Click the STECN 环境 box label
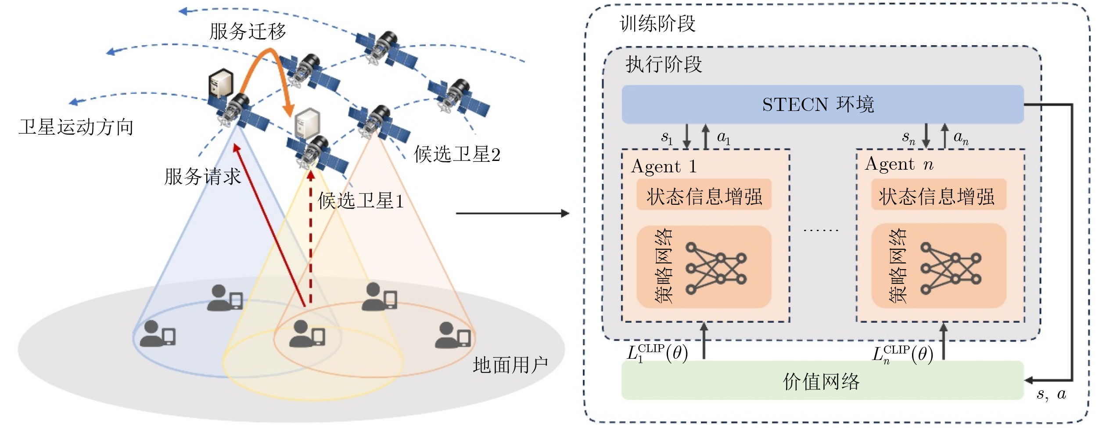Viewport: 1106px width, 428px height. point(818,104)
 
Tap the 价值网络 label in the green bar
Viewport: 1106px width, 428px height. point(821,382)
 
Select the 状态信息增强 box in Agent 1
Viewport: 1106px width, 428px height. point(704,196)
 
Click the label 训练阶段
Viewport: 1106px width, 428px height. point(657,24)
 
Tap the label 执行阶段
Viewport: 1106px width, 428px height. point(664,64)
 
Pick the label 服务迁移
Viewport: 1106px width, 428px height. point(248,32)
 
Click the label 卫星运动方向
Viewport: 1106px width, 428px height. point(76,127)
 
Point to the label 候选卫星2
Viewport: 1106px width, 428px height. point(457,154)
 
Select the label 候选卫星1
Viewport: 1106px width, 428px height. point(360,201)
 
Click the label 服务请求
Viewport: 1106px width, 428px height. point(202,177)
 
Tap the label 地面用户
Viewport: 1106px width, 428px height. point(510,365)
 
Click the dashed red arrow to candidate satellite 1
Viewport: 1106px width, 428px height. point(311,237)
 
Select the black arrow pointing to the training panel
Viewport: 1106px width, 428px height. point(512,214)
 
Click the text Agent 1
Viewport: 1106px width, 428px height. point(664,167)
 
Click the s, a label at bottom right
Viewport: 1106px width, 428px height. point(1051,394)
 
